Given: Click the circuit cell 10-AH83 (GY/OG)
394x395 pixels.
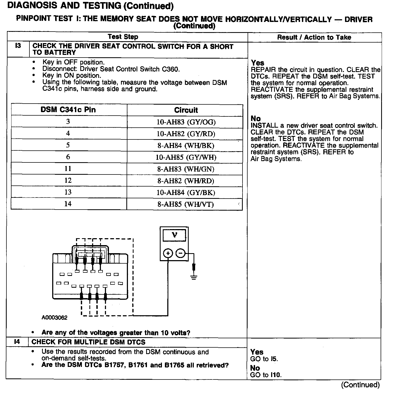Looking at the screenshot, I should [x=186, y=122].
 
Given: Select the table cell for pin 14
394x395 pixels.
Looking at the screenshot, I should [x=68, y=204].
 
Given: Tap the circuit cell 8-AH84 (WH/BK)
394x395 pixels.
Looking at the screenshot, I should [x=186, y=146].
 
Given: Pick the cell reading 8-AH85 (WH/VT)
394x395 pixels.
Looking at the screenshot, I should [x=185, y=204].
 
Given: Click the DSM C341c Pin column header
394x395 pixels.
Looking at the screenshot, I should [x=68, y=110].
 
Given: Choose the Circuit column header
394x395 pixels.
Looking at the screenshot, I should [x=186, y=110].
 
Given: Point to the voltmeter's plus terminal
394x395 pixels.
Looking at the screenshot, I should [x=168, y=253].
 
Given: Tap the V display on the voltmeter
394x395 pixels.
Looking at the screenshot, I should [x=175, y=235].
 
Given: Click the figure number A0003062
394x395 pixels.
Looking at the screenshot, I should [x=54, y=318].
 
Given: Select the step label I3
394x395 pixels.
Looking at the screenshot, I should [x=18, y=46].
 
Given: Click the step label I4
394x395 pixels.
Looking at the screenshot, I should [x=17, y=342].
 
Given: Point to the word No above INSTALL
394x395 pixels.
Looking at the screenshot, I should [x=256, y=119].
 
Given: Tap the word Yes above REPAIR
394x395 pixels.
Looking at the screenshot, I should [x=257, y=63].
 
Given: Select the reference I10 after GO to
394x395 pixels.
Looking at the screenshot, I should [x=276, y=375].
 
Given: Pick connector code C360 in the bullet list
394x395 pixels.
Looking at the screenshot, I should [x=170, y=69].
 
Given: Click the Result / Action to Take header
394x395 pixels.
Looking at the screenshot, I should [x=314, y=37].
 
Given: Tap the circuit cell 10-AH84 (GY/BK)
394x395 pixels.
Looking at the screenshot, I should [x=186, y=193].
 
